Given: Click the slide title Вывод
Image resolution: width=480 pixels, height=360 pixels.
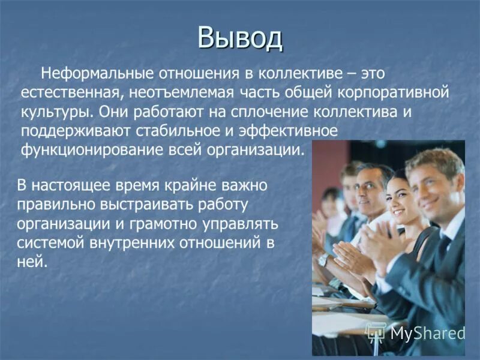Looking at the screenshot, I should point(240,38).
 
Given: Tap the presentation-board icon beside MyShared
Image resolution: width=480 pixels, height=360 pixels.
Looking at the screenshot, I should point(376,331).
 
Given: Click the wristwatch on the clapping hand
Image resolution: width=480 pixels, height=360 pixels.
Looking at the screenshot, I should point(323,259).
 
